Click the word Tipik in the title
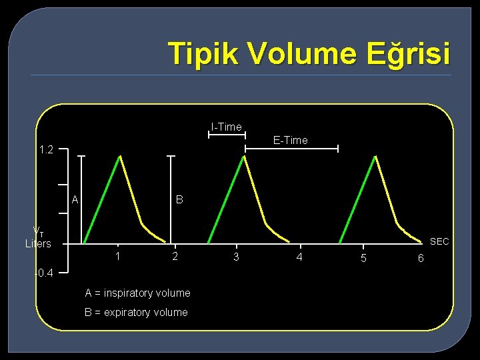tap(199, 53)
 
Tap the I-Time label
tap(226, 127)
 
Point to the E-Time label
tap(291, 140)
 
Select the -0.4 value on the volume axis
tap(47, 272)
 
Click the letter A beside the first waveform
tap(75, 199)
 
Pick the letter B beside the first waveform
tap(179, 199)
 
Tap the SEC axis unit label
tap(439, 241)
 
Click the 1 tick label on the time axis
tap(117, 256)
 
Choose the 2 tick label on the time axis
tap(175, 256)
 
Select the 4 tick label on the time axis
tap(299, 257)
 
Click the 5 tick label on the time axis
tap(363, 258)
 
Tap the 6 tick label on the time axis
tap(420, 258)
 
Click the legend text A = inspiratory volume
tap(137, 293)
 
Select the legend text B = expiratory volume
tap(136, 312)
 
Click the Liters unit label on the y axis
tap(38, 244)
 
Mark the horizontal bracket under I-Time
tap(226, 135)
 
